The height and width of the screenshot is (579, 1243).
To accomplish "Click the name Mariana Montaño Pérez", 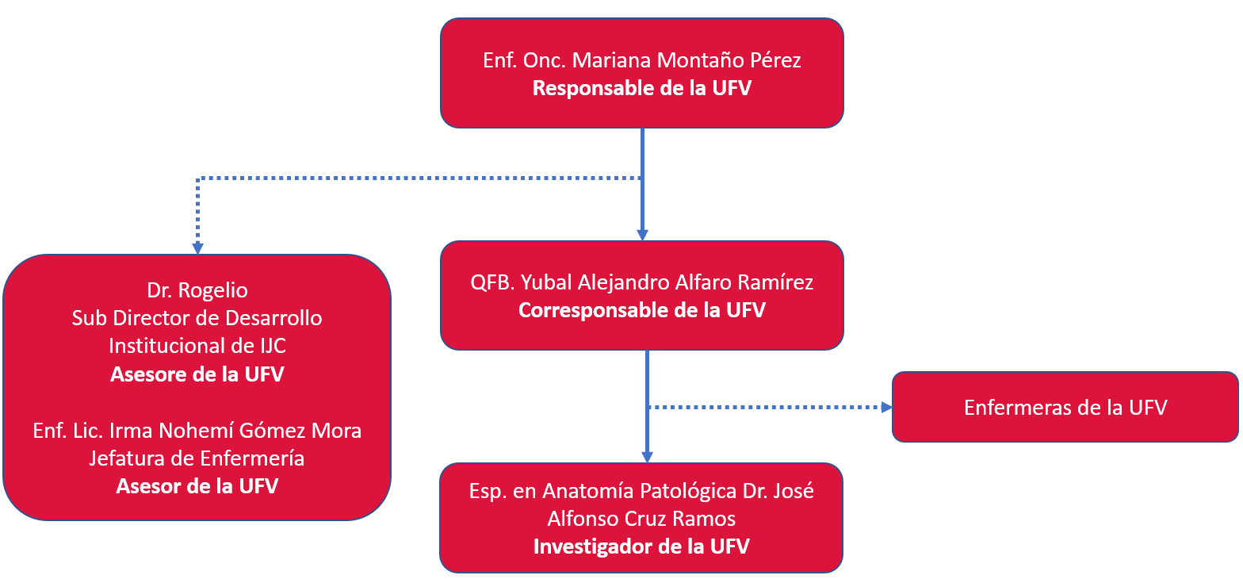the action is (687, 60).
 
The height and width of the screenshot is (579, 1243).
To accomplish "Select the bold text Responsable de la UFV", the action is (642, 88).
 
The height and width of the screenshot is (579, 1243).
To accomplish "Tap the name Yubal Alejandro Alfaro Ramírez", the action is (667, 282).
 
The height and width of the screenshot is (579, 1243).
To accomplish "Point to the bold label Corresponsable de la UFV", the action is (642, 310).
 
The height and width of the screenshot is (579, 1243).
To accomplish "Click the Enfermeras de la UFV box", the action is (1065, 407).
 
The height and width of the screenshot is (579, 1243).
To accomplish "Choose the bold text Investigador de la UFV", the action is (641, 546).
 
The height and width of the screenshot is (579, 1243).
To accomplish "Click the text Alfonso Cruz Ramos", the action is (641, 519).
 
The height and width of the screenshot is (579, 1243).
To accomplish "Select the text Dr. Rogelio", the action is (197, 290).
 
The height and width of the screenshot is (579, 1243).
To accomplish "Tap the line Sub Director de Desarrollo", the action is (197, 318).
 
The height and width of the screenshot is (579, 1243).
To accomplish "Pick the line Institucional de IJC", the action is (197, 346).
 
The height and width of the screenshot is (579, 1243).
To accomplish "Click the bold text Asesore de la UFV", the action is (197, 374).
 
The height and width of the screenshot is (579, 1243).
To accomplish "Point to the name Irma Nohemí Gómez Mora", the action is (235, 431).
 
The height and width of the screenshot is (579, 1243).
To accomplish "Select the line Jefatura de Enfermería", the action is (197, 458).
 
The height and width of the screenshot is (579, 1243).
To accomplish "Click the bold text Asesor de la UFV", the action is (197, 486).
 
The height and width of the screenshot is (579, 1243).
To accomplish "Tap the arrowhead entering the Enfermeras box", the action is (887, 408).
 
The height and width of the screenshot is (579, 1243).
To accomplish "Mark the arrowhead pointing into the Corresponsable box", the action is (642, 236).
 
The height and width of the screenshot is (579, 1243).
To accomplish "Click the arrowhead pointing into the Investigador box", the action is (647, 458).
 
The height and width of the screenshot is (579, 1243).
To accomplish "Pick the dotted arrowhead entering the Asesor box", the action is (197, 249).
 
